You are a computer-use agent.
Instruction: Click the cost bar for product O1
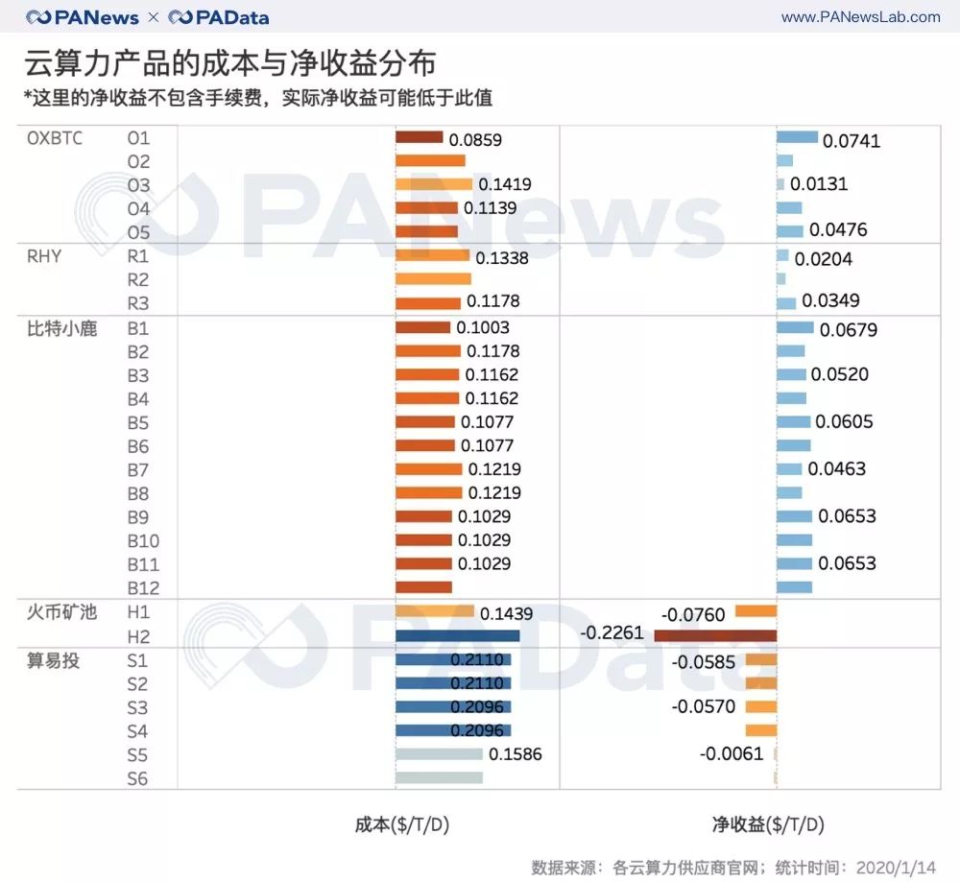click(x=419, y=138)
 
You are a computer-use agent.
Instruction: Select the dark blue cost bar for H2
click(x=457, y=635)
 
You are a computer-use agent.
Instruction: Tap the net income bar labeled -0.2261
click(x=715, y=635)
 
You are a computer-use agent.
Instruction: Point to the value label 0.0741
click(x=852, y=141)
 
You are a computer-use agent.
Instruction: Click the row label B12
click(x=143, y=588)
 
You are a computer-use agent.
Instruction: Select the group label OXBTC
click(x=55, y=138)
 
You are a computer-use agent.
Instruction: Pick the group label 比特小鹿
click(x=62, y=328)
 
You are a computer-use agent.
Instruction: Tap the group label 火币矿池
click(x=62, y=611)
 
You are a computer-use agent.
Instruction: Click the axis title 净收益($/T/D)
click(x=767, y=824)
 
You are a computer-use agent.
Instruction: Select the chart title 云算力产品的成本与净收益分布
click(x=230, y=63)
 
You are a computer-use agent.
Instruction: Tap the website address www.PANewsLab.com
click(x=860, y=17)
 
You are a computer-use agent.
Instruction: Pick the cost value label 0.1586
click(x=516, y=754)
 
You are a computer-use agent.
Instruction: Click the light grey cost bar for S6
click(x=439, y=777)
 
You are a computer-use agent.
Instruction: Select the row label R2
click(x=138, y=280)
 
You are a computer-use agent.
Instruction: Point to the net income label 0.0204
click(x=824, y=259)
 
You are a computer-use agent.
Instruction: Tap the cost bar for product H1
click(x=435, y=611)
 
